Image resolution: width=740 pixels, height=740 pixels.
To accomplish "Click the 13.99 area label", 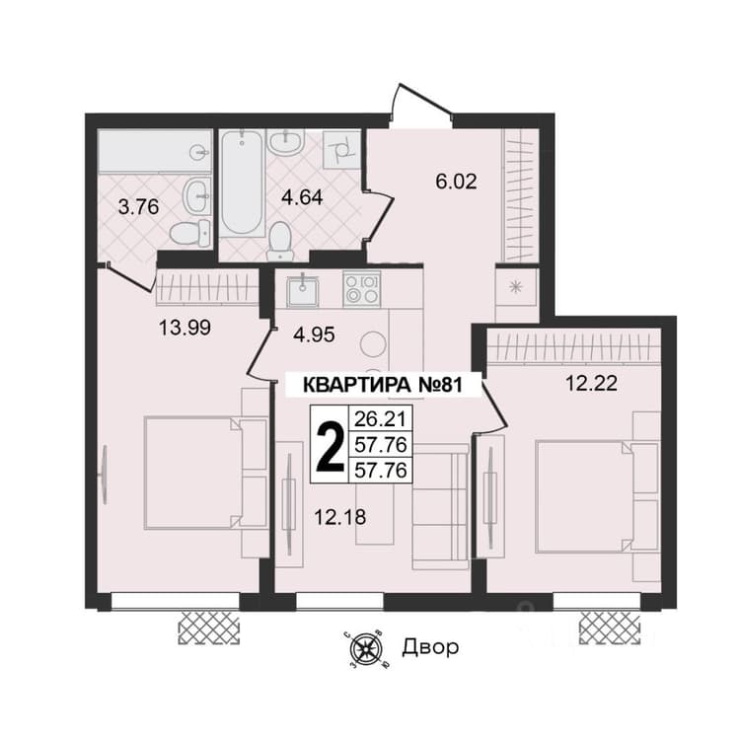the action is tap(185, 327).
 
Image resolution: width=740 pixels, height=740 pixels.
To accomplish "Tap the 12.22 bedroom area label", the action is tap(591, 383).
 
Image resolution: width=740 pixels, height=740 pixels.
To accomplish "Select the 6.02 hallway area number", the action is tap(456, 182).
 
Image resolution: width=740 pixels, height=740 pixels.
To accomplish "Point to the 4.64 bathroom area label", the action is tap(302, 196).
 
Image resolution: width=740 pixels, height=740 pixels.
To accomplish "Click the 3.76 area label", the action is tap(138, 207).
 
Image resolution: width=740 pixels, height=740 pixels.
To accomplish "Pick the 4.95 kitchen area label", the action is tap(314, 334).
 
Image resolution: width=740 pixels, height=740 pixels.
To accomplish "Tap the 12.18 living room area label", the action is tap(339, 517).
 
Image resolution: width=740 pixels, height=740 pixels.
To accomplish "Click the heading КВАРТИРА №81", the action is tap(381, 385).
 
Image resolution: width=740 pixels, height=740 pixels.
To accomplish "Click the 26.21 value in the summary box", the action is tap(381, 418).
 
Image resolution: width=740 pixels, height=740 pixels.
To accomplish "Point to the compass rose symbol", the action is tap(366, 649).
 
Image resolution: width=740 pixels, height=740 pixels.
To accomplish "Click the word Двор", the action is tap(430, 647).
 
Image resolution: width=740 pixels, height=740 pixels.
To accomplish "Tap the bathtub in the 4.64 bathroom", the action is tap(242, 183).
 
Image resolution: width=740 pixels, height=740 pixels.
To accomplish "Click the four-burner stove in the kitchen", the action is tap(362, 289).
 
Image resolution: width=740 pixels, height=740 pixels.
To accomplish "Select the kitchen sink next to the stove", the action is tap(304, 290).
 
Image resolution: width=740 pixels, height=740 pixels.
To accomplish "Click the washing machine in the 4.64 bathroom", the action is tap(342, 149).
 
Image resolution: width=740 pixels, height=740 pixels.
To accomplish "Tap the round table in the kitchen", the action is tap(373, 343).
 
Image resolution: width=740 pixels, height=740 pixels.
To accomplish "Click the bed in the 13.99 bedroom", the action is tap(206, 473).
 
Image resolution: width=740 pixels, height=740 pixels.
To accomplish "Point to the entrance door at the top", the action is tap(420, 105).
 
